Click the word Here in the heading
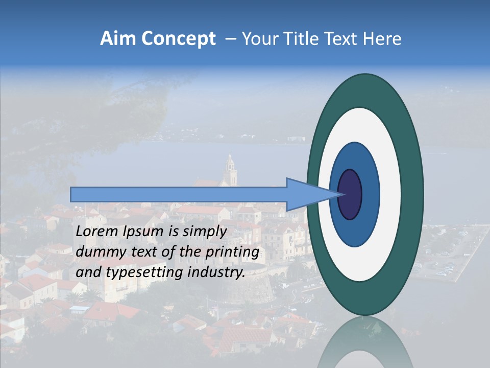(x=382, y=39)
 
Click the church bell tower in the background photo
(x=230, y=169)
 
